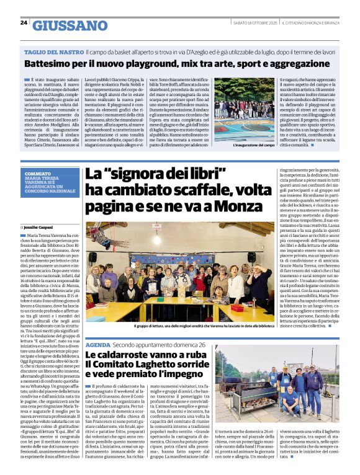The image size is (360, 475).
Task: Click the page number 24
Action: coord(23,22)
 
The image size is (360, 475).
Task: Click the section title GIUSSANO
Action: coord(69,25)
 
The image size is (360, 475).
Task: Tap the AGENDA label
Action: coord(97,345)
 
